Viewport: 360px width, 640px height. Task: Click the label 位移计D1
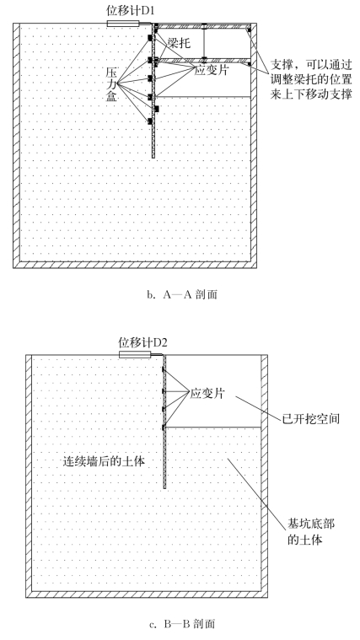pos(131,11)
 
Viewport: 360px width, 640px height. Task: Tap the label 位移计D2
pos(142,342)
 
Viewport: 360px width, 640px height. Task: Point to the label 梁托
pos(179,43)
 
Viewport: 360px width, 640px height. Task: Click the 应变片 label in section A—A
pos(210,70)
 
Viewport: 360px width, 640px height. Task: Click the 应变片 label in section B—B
pos(207,394)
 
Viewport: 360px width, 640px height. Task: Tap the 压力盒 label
pos(111,85)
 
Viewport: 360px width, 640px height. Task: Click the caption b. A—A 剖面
pos(182,294)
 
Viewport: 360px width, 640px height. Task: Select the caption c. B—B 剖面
pos(182,624)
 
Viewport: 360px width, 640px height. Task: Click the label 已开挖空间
pos(311,419)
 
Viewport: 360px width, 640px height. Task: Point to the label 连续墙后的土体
pos(104,461)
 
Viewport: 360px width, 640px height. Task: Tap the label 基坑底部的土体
pos(311,531)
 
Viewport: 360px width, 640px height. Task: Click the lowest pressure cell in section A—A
pos(150,121)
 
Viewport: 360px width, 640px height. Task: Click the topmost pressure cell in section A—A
pos(150,38)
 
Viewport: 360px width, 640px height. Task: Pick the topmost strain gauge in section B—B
pos(163,369)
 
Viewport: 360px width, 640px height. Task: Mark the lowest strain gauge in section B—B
pos(163,428)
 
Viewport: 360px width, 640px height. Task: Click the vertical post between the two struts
pos(204,42)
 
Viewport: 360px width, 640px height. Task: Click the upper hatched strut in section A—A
pos(203,26)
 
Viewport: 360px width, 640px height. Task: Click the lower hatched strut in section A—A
pos(203,61)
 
